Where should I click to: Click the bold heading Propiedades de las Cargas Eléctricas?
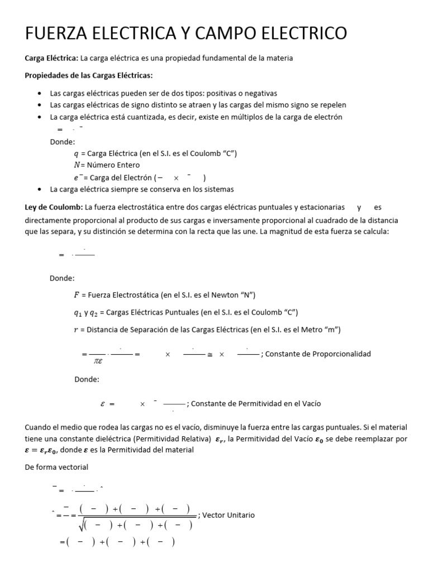(x=89, y=75)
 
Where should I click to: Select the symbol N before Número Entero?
(x=77, y=165)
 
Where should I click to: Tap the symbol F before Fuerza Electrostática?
(x=77, y=295)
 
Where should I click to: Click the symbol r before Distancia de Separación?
(x=76, y=330)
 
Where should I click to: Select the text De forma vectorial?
(x=57, y=467)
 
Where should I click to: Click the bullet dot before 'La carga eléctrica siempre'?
(x=38, y=189)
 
